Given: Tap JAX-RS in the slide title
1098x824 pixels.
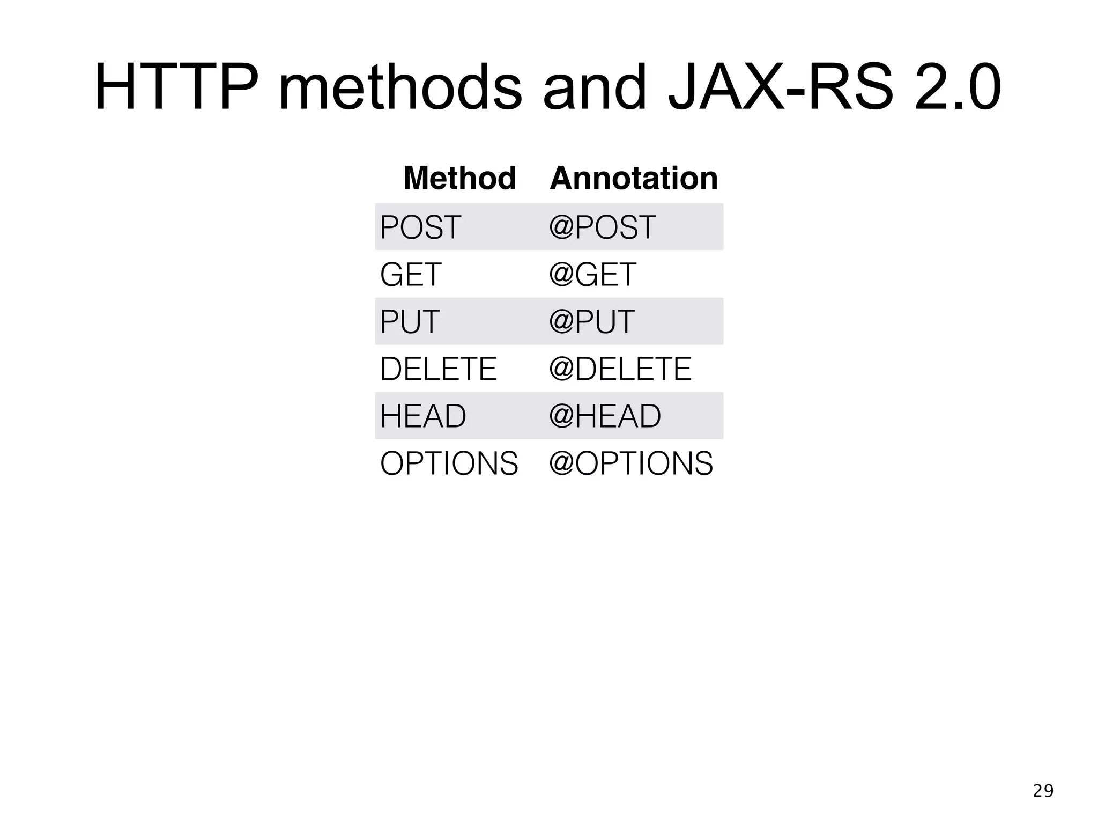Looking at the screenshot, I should pos(781,88).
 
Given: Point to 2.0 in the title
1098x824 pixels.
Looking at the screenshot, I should pos(958,88).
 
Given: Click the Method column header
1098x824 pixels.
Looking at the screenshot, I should pos(459,178).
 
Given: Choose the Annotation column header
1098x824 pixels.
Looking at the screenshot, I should pos(634,178).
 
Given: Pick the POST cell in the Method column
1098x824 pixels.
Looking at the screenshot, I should pos(420,227).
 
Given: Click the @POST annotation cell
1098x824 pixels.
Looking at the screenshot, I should pos(602,227).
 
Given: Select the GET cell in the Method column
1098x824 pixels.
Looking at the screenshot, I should pos(411,275).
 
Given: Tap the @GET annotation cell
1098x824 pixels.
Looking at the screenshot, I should pos(592,275).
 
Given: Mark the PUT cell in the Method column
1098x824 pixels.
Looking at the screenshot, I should pos(410,322).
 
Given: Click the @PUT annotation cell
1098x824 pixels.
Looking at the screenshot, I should pos(591,322).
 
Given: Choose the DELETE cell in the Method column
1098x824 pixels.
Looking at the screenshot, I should pos(439,369).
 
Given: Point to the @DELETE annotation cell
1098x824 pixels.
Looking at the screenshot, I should pos(620,369).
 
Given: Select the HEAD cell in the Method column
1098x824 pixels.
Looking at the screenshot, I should pos(423,416).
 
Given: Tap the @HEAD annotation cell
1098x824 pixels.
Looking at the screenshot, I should pos(605,416).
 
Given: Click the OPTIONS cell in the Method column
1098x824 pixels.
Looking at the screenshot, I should pos(449,464).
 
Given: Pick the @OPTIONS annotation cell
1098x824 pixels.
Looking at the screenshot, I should pos(631,464).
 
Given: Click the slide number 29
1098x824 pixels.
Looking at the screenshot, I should pos(1043,791).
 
